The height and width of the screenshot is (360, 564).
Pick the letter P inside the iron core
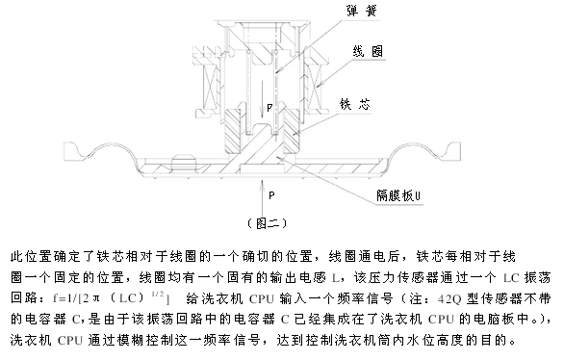coord(269,106)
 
